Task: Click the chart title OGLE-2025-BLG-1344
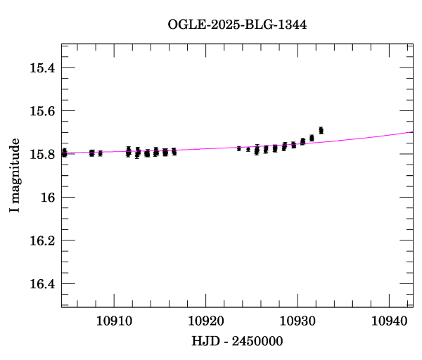tap(237, 25)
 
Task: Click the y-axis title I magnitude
tap(15, 176)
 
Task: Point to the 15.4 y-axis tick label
tap(42, 68)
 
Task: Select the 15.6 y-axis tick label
tap(42, 111)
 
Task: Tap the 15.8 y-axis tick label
tap(42, 154)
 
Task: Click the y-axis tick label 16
tap(48, 198)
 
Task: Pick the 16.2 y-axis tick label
tap(42, 240)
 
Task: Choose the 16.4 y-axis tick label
tap(42, 284)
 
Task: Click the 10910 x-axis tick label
tap(113, 321)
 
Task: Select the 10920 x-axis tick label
tap(205, 321)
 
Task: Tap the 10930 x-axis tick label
tap(298, 321)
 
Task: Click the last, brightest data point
tap(321, 130)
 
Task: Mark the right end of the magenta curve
tap(412, 132)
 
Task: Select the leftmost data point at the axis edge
tap(64, 153)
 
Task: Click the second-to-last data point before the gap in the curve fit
tap(312, 138)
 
